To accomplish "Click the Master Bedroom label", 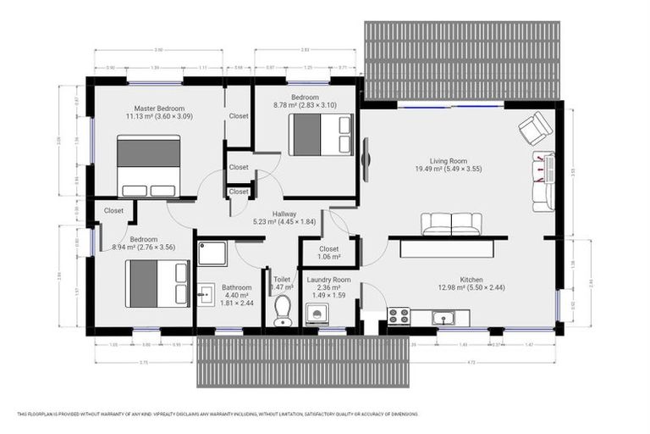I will (159, 107).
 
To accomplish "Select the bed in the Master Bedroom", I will (148, 166).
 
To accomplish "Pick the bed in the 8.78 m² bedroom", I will (320, 134).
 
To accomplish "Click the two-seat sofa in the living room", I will (451, 224).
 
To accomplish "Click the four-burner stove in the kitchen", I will (398, 317).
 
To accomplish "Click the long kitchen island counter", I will (449, 248).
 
